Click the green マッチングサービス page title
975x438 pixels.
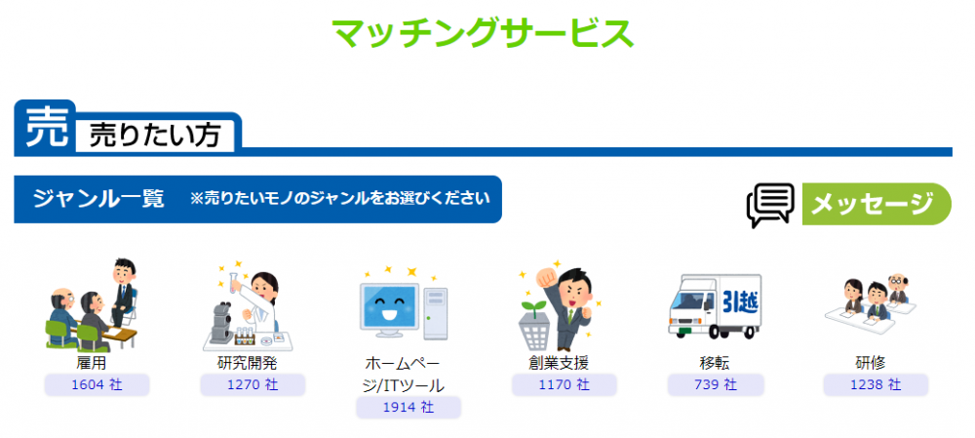tap(484, 33)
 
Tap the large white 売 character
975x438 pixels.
tap(46, 126)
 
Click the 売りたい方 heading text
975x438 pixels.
tap(155, 135)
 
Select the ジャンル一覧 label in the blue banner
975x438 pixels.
tap(98, 199)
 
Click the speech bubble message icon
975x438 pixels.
tap(770, 205)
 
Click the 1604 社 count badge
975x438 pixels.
tap(97, 384)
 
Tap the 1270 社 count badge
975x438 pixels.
tap(253, 384)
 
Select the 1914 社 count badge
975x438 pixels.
tap(409, 408)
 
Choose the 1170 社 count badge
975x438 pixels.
tap(564, 384)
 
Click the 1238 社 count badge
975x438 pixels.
tap(876, 384)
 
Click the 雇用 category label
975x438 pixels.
tap(96, 363)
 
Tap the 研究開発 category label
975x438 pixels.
tap(252, 363)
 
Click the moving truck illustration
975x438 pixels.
tap(715, 306)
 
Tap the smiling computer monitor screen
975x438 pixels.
tap(391, 307)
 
